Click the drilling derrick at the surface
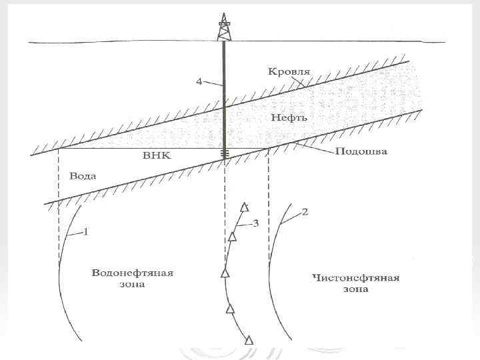pos(225,28)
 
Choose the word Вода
pos(83,177)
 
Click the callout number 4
pos(199,81)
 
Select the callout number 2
pos(305,213)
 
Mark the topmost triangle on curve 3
pos(245,207)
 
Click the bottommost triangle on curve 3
pos(249,340)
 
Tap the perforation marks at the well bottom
pos(225,153)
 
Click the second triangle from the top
pos(233,236)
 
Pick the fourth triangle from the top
pos(231,308)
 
